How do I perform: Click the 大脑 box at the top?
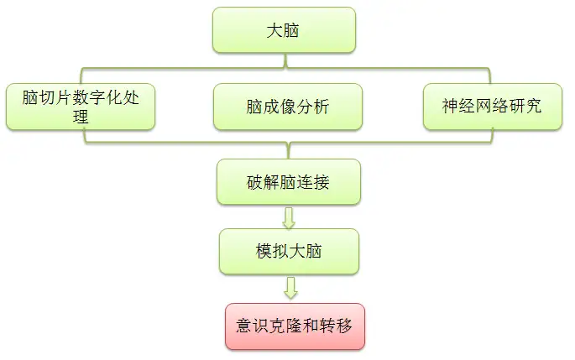tap(284, 30)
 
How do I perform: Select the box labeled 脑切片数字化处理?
tap(81, 107)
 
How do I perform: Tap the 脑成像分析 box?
tap(288, 107)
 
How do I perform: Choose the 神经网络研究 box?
tap(493, 107)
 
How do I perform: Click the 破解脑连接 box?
tap(289, 182)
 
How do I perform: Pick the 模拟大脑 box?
tap(289, 252)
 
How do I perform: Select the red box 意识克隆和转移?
tap(295, 326)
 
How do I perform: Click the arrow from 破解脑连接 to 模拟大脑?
tap(289, 218)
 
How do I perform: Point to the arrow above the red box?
tap(290, 288)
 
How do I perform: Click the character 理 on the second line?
tap(81, 117)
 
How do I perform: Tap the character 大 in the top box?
tap(274, 30)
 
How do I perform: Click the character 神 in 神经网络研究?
tap(450, 106)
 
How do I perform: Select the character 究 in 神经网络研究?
tap(533, 106)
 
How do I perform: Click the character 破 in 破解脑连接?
tap(255, 182)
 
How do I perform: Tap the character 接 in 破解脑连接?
tap(321, 182)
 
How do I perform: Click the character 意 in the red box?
tap(244, 326)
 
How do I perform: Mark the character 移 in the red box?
tap(344, 326)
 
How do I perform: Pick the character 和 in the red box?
tap(311, 326)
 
